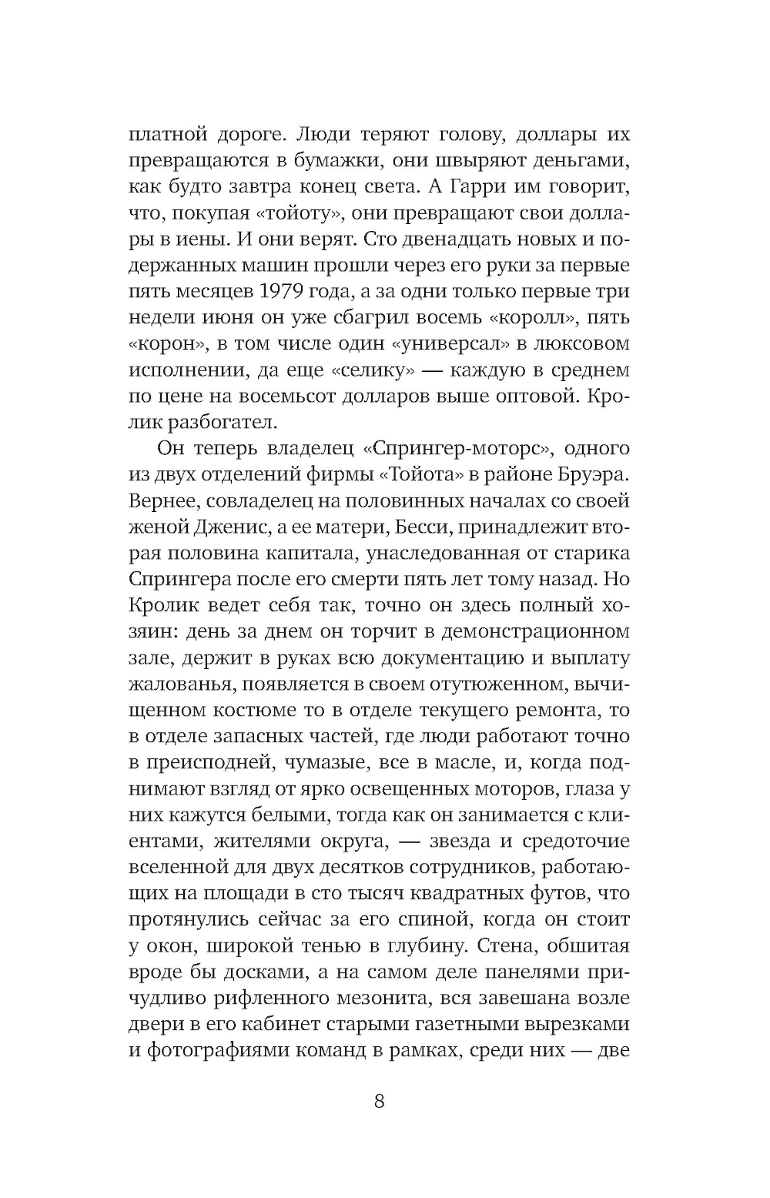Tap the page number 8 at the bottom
click(x=379, y=1101)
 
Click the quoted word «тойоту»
click(x=292, y=213)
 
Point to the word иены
click(x=186, y=239)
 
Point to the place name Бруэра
click(x=594, y=475)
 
